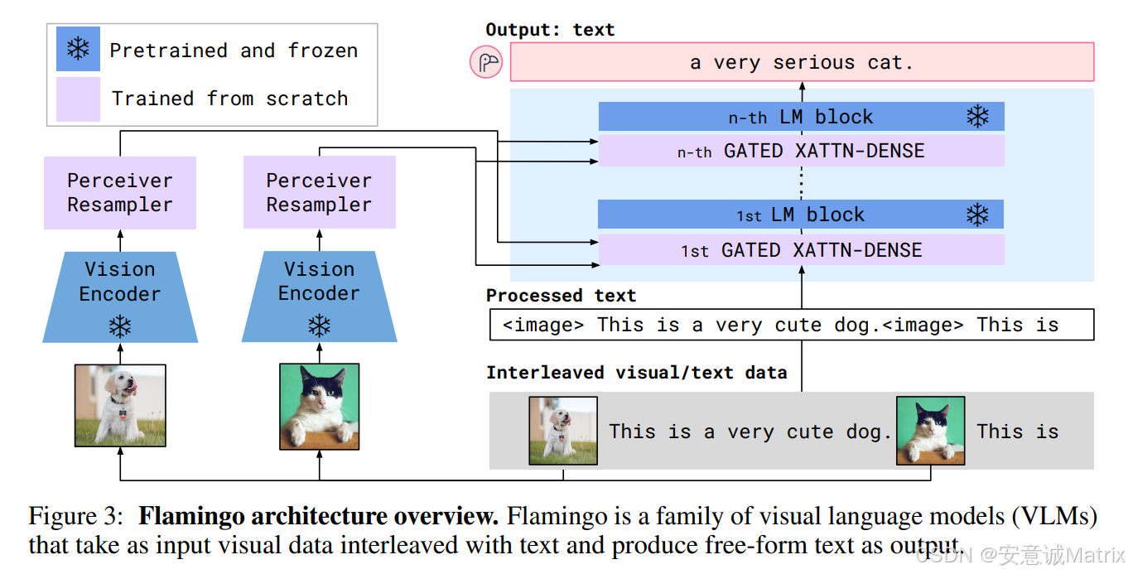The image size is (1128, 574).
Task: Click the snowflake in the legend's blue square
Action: point(78,49)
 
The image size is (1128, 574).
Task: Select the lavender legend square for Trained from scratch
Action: point(78,99)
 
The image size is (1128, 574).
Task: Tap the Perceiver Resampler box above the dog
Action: point(120,193)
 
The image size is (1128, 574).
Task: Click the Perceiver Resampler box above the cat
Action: point(319,193)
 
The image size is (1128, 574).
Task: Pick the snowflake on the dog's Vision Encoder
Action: point(120,327)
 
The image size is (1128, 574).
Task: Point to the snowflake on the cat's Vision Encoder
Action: point(319,326)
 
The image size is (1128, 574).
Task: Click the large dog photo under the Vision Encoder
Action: point(120,406)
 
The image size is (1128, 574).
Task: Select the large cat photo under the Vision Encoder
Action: point(320,406)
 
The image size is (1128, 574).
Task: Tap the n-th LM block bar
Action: point(800,117)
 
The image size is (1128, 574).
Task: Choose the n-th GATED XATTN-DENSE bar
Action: point(800,151)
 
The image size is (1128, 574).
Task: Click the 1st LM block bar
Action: point(800,215)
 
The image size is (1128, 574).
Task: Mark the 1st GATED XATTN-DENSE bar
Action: point(800,250)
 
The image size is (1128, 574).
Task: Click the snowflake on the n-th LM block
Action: point(978,117)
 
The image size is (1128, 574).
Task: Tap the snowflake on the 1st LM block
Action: point(977,215)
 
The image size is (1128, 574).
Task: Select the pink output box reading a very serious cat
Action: point(801,63)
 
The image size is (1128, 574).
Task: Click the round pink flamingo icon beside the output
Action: point(486,62)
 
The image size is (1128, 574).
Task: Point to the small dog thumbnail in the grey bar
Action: point(563,430)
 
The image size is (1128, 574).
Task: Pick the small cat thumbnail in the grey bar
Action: point(930,430)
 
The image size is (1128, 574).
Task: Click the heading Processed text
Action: point(561,296)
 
